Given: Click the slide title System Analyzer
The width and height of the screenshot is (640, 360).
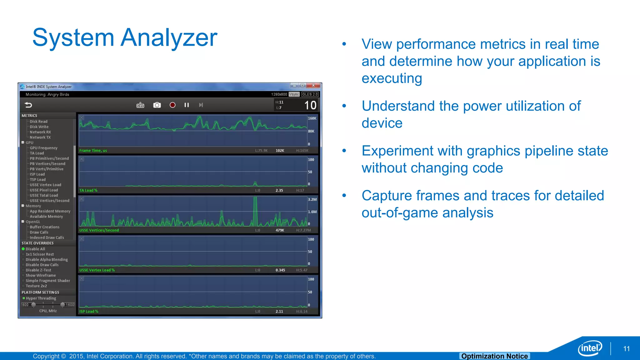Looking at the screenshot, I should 125,38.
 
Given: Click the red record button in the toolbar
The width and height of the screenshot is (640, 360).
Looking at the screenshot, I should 172,105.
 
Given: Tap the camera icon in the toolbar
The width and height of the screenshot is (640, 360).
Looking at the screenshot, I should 157,105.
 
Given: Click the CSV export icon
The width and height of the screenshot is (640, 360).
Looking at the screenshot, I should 140,105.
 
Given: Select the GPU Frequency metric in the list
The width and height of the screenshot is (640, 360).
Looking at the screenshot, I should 43,148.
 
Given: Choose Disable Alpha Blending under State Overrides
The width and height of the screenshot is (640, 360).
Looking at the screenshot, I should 47,259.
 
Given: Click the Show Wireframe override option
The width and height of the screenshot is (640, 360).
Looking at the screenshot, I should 41,275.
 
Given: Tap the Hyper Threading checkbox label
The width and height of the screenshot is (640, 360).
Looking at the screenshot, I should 41,298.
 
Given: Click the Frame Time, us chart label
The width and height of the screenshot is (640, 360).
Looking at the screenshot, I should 93,151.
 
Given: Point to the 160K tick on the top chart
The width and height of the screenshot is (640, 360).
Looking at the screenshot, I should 312,118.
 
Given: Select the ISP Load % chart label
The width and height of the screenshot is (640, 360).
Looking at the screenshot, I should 89,311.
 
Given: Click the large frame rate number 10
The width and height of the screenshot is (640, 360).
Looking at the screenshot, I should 310,105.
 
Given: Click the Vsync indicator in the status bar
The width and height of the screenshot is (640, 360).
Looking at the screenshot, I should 294,94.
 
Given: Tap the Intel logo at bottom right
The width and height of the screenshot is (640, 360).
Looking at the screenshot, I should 590,348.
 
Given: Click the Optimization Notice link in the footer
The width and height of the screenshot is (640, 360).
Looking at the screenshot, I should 494,356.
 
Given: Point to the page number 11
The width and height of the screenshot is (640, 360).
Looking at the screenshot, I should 626,349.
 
